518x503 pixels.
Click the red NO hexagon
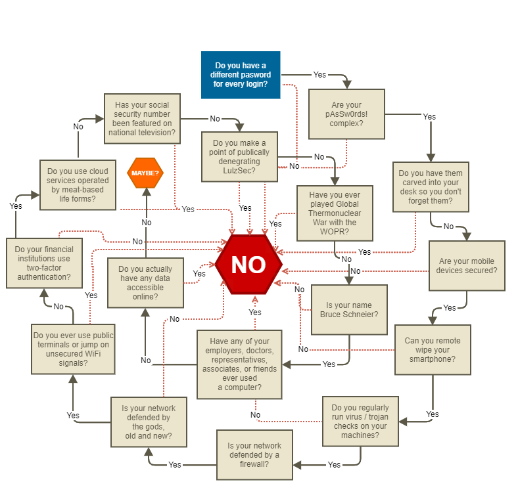pos(248,264)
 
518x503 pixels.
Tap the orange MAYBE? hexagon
pos(145,173)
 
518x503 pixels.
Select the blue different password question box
pos(241,75)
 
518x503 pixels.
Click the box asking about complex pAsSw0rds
pos(346,114)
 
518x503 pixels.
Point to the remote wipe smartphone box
pos(433,349)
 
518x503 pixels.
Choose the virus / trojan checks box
pos(360,421)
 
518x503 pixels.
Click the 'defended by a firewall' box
pos(254,455)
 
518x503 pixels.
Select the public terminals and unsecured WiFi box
pos(73,349)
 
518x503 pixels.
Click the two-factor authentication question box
pos(44,263)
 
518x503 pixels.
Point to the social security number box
pos(142,118)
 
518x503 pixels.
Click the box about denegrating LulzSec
pos(239,156)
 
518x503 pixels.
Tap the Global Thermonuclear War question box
pos(335,213)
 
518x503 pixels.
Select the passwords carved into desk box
pos(431,187)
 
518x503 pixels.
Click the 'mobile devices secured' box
pos(467,265)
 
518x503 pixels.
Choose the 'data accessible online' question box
pos(145,282)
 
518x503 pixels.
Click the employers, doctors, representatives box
pos(239,364)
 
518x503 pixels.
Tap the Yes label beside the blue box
pos(319,75)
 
